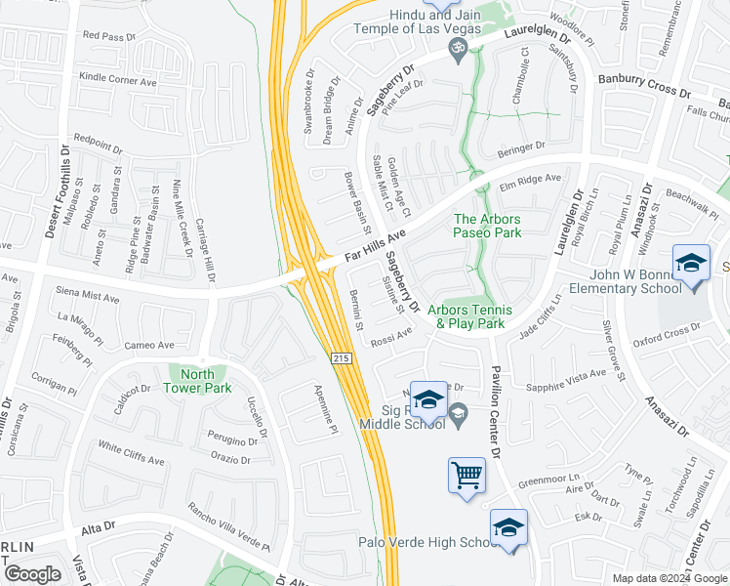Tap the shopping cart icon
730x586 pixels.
click(467, 476)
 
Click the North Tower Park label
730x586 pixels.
click(199, 380)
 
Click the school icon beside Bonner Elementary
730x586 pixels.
click(691, 264)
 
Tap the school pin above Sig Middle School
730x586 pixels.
click(427, 400)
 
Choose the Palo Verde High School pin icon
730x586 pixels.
click(508, 528)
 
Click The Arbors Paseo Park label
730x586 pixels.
click(487, 226)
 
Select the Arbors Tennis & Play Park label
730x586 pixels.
click(469, 315)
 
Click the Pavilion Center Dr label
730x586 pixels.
click(495, 413)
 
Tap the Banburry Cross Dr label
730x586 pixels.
click(643, 84)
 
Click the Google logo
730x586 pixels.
click(33, 574)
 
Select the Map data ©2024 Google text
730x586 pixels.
click(669, 578)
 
